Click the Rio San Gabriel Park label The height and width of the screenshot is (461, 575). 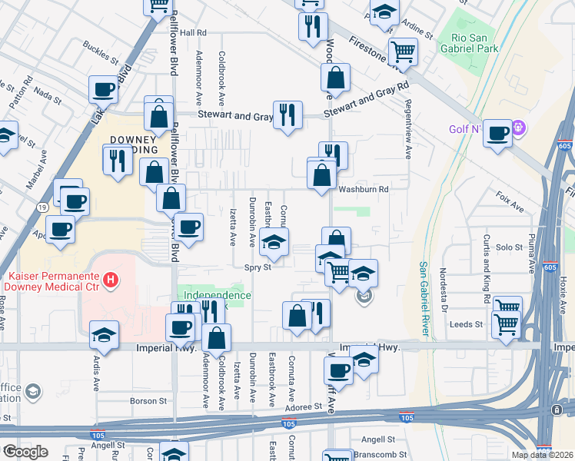475,43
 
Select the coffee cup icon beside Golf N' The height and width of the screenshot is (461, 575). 497,133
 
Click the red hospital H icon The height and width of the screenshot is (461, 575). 111,280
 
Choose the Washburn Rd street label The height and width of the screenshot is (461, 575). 362,189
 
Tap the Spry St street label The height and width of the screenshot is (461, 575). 258,268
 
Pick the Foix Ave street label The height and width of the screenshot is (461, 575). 510,203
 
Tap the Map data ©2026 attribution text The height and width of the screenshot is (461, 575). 542,455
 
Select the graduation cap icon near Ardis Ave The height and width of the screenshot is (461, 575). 104,335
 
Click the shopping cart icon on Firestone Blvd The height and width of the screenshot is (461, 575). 403,52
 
